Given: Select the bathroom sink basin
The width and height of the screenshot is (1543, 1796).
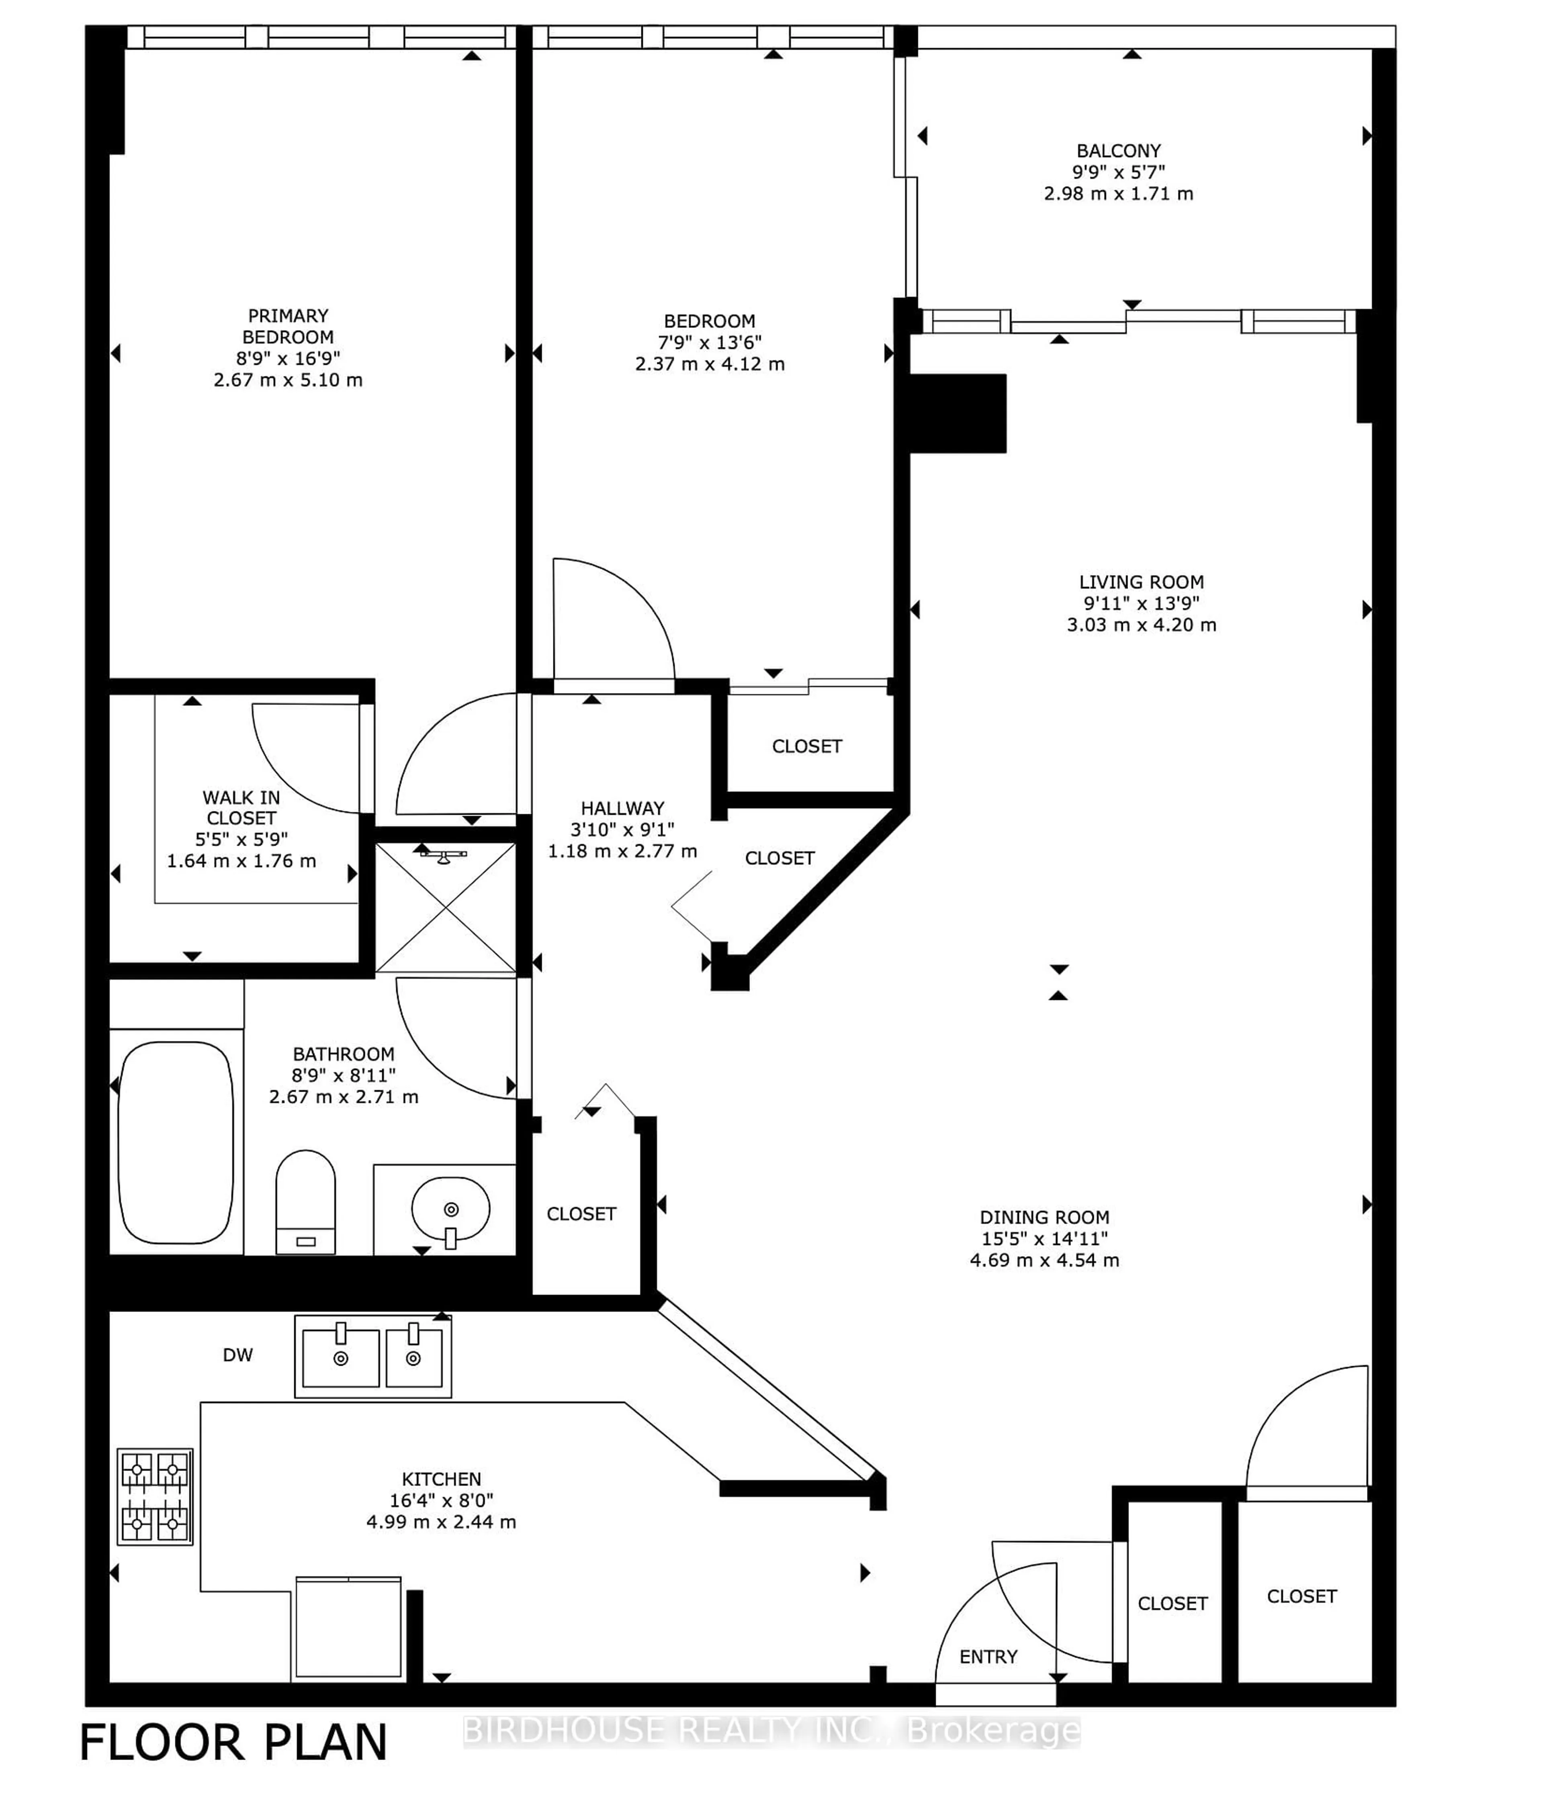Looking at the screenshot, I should tap(450, 1208).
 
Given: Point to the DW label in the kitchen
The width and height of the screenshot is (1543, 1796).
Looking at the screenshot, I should tap(237, 1355).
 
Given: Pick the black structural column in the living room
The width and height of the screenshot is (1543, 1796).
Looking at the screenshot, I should tap(957, 413).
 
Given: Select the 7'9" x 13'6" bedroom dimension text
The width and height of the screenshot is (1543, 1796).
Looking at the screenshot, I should tap(709, 342).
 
